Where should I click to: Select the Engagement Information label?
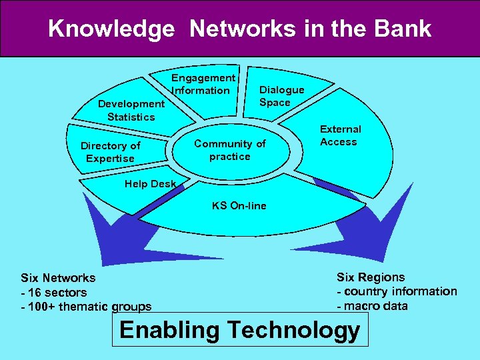(203, 84)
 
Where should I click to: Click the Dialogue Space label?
(281, 96)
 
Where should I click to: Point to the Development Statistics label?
(131, 110)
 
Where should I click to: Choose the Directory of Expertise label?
(110, 152)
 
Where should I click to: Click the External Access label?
(340, 135)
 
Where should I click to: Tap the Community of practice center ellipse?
(229, 150)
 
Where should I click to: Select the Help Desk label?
(151, 184)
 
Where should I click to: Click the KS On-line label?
(239, 205)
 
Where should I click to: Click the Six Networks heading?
(58, 278)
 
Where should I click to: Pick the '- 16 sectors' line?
(54, 293)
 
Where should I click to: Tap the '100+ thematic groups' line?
(87, 307)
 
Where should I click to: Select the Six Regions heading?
(370, 277)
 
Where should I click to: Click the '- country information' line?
(397, 291)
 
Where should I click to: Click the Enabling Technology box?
(239, 330)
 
